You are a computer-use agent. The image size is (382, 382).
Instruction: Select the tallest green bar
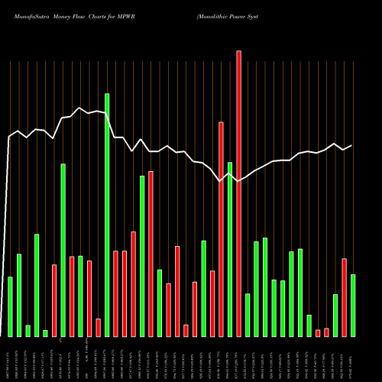pos(107,215)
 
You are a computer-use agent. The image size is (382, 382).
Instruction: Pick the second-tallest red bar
pos(221,229)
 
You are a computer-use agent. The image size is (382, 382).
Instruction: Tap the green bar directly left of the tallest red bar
pos(230,249)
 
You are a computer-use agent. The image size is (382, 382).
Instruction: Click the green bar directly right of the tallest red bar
pos(248,315)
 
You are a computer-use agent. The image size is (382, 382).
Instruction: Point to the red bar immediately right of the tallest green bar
pos(116,293)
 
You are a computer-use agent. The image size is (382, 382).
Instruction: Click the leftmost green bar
pos(10,306)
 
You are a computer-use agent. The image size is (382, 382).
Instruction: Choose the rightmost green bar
pos(353,305)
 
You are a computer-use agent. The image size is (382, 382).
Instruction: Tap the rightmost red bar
pos(344,297)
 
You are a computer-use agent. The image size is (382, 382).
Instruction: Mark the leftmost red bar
pos(54,300)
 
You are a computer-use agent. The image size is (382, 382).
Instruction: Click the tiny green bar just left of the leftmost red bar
pos(45,333)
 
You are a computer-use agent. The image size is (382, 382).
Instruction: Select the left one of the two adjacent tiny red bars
pos(318,332)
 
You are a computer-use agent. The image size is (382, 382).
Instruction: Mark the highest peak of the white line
pos(80,108)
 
